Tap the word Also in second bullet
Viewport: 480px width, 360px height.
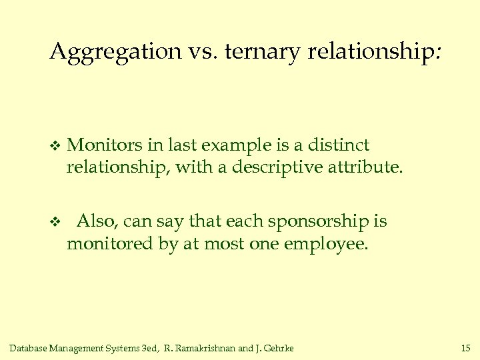[95, 221]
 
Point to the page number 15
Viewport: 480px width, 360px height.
[465, 348]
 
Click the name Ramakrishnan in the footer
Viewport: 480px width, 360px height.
[206, 348]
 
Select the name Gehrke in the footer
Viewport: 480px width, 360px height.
[279, 348]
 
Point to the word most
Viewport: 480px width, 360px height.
[225, 243]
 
